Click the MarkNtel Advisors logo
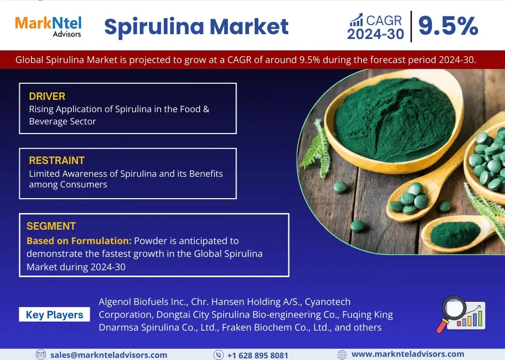point(48,27)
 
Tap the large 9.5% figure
point(448,26)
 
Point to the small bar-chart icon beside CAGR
point(357,20)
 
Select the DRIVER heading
point(47,96)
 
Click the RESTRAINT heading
point(57,160)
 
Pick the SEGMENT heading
point(51,226)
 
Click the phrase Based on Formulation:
point(79,241)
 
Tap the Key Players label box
point(54,315)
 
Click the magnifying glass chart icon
point(461,314)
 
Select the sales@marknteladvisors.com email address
point(109,355)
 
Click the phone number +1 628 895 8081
point(258,355)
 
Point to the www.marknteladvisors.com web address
point(408,354)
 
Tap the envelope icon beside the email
point(41,355)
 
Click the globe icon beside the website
point(342,355)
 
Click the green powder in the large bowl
point(394,121)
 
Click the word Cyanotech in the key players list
point(328,302)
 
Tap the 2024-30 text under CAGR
point(375,34)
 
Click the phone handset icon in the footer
point(219,355)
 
